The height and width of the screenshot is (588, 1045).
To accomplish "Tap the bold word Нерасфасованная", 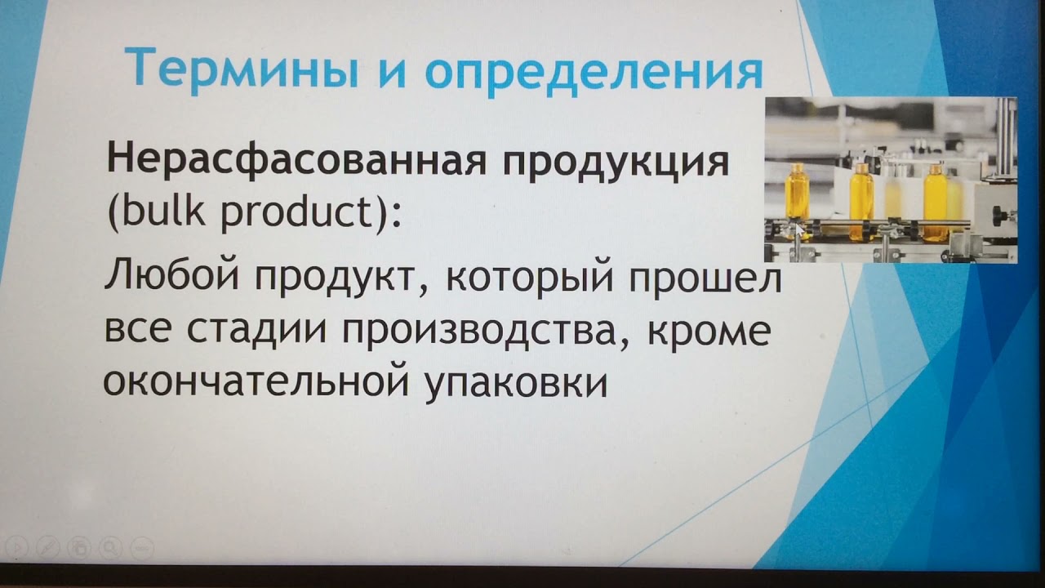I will [295, 161].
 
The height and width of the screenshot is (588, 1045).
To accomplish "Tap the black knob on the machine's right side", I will [998, 215].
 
